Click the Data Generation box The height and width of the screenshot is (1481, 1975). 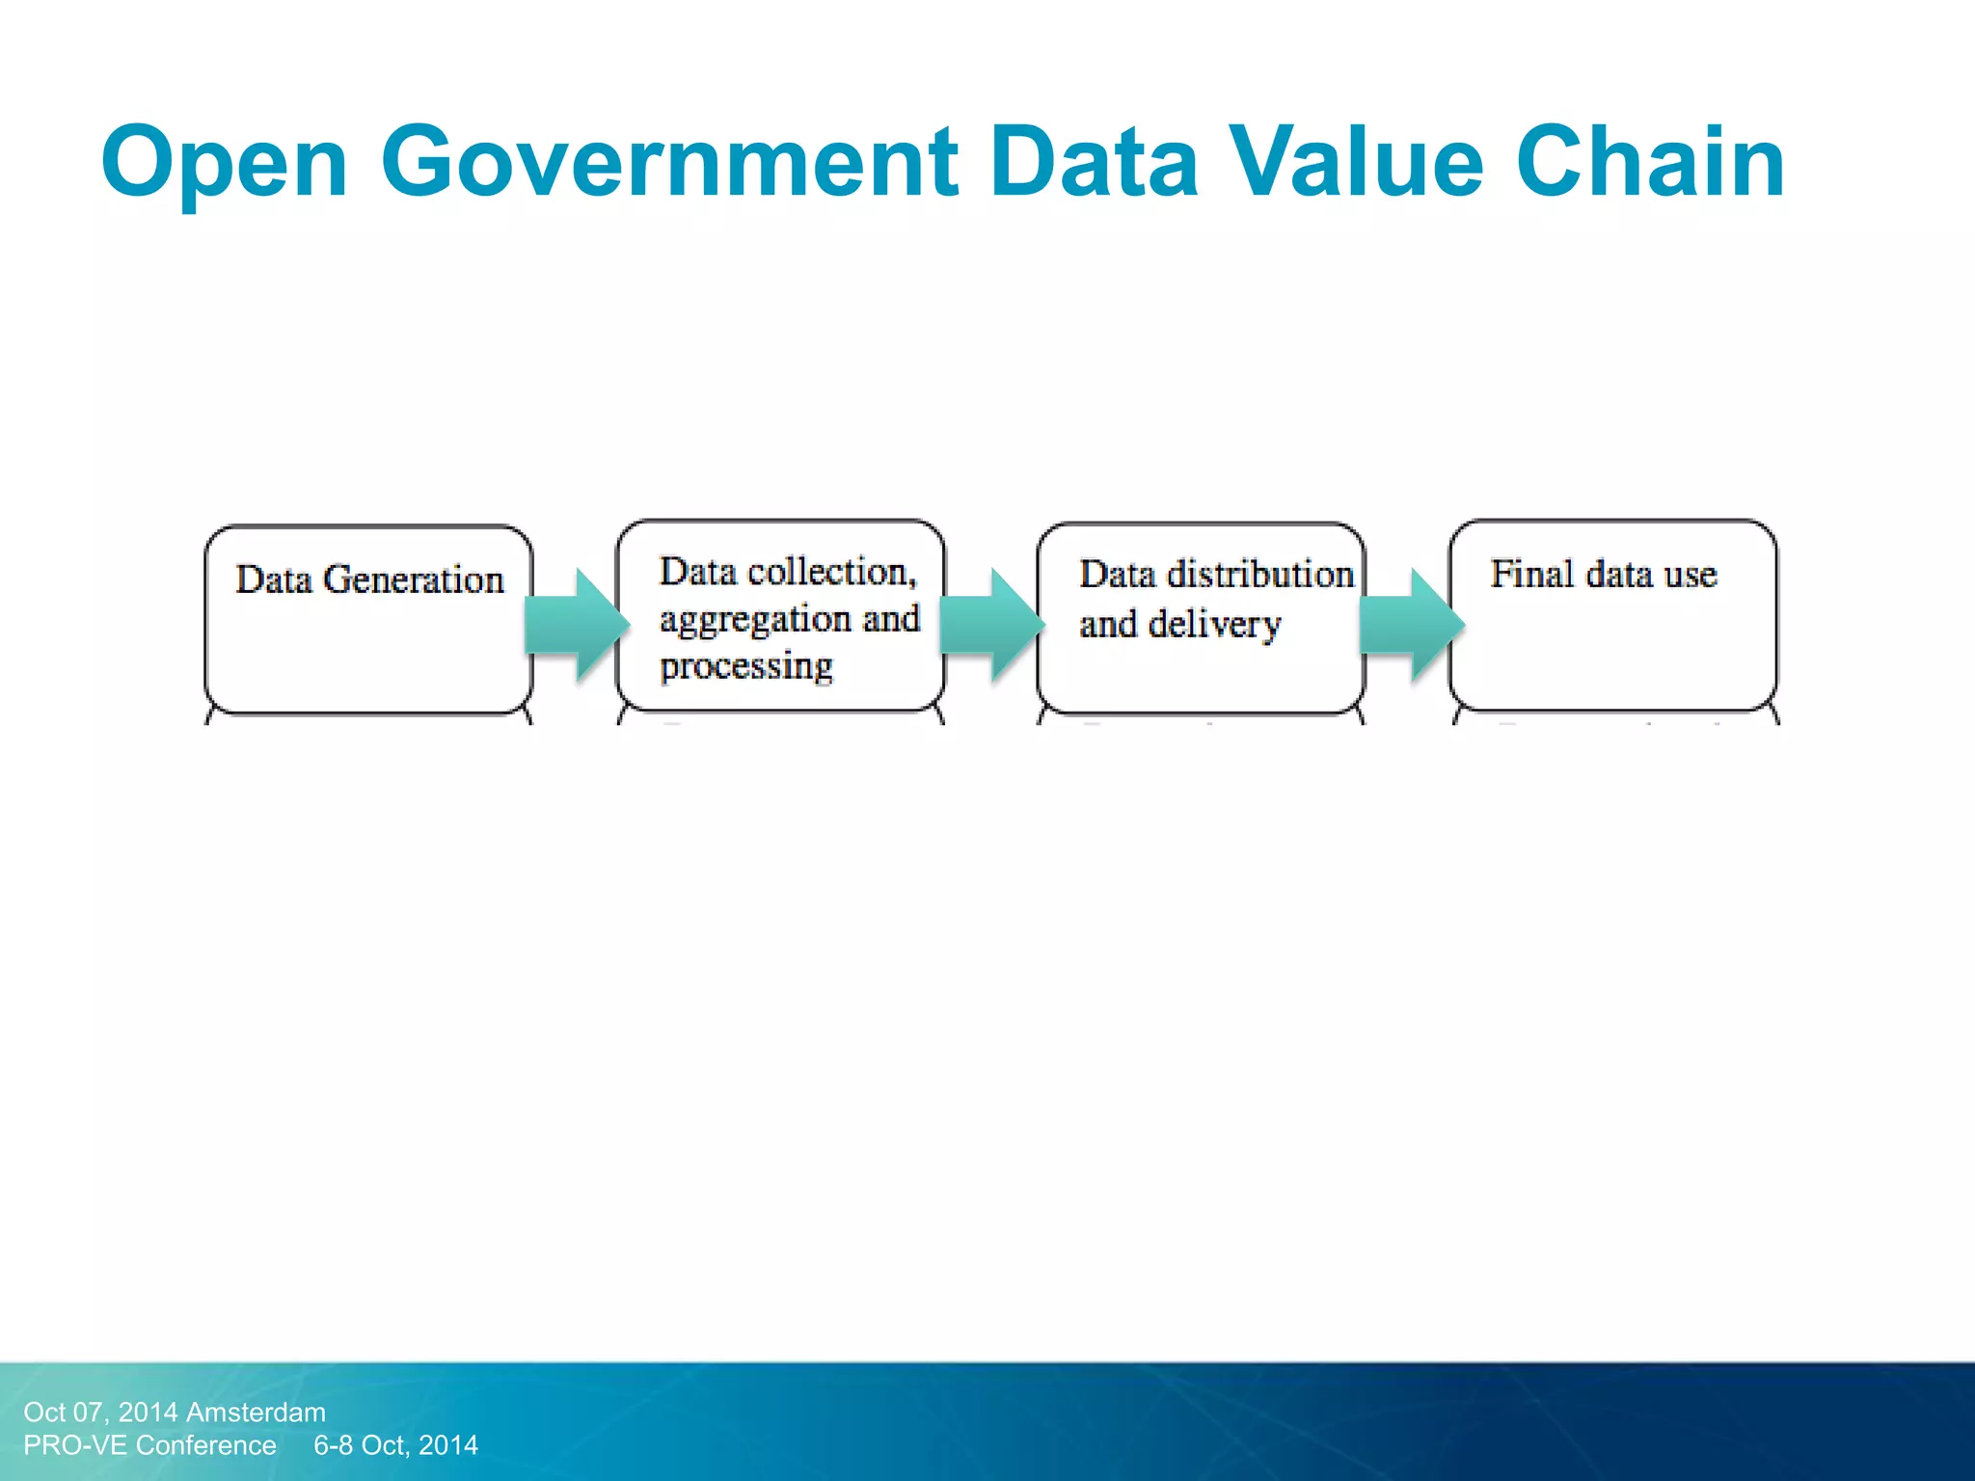(x=368, y=620)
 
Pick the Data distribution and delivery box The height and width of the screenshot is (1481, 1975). (x=1201, y=618)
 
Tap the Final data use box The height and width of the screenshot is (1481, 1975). (x=1612, y=616)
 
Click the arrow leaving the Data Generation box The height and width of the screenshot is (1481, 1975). (x=576, y=625)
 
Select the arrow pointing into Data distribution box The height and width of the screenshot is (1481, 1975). (x=991, y=625)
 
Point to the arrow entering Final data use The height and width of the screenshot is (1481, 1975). (x=1411, y=625)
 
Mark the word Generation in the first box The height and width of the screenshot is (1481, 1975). (x=413, y=579)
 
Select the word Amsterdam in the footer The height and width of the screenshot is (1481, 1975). (x=256, y=1413)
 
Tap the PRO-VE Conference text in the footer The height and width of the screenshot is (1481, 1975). (x=149, y=1445)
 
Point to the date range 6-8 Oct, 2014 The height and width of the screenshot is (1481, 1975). (x=395, y=1445)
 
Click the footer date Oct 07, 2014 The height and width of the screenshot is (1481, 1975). (x=100, y=1413)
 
